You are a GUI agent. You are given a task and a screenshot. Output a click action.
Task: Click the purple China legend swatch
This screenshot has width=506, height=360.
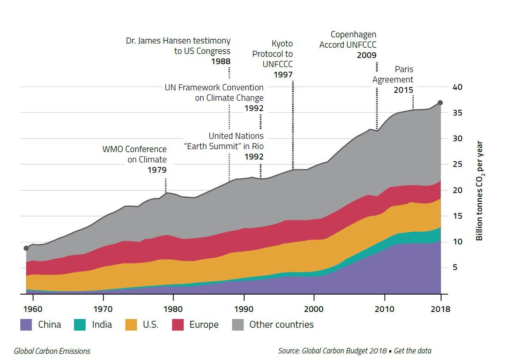click(27, 324)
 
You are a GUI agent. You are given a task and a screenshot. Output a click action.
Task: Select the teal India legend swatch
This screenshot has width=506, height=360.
click(81, 324)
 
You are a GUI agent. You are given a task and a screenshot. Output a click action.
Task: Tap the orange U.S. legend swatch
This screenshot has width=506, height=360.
click(132, 324)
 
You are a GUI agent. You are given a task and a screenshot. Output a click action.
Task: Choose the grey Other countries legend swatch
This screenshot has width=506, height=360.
click(238, 324)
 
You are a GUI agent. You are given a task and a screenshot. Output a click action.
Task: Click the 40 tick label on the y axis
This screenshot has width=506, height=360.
click(458, 87)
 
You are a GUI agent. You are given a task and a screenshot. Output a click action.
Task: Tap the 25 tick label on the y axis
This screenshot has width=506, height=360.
click(458, 164)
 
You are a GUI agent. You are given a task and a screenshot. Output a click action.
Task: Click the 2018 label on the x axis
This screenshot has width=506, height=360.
click(441, 309)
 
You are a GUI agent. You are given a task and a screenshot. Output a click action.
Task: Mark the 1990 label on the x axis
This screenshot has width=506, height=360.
click(243, 309)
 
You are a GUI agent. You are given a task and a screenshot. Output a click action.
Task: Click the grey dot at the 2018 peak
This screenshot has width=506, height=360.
click(440, 103)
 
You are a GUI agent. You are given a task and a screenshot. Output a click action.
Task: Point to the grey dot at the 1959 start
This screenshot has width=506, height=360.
click(26, 248)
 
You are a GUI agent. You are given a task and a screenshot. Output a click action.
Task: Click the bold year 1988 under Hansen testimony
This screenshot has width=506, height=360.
click(221, 62)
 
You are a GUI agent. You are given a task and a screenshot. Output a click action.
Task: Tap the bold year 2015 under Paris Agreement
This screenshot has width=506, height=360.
click(404, 90)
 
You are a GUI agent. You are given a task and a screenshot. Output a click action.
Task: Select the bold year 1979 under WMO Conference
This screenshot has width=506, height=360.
click(157, 170)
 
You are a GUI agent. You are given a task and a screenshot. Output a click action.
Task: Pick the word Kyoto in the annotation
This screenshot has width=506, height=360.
click(283, 43)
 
